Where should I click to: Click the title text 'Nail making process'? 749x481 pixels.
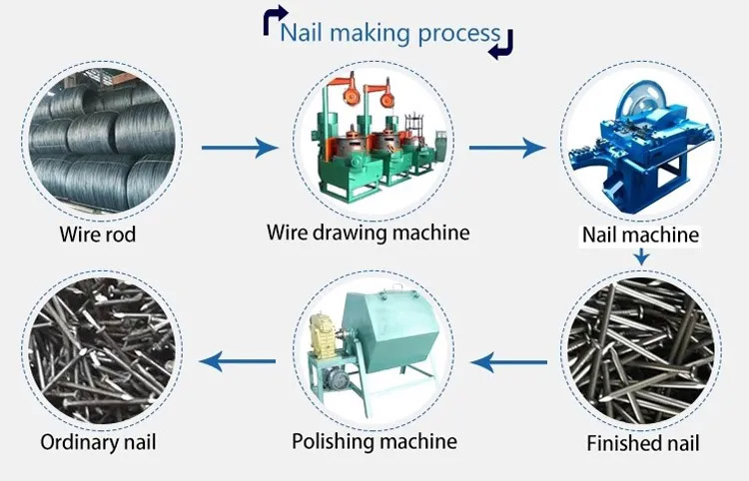[x=389, y=33]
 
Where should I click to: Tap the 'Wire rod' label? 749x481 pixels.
[x=97, y=236]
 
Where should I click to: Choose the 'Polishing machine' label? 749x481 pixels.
[x=374, y=440]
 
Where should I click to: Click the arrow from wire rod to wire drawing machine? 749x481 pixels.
[x=239, y=149]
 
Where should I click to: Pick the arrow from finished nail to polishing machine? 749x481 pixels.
[x=508, y=362]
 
